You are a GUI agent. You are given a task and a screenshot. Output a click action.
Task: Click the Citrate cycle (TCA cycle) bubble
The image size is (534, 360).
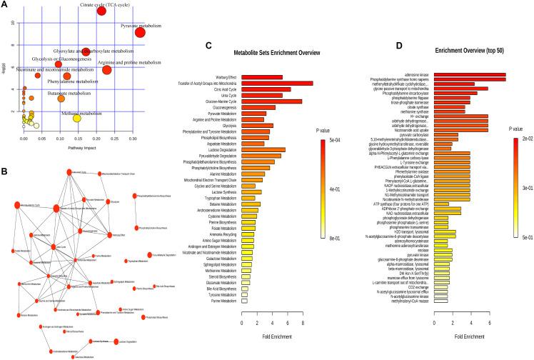pos(101,11)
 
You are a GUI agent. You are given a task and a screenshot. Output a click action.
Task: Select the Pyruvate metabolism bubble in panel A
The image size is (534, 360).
pos(140,31)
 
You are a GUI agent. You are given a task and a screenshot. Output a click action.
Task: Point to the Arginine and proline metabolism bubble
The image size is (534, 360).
pos(106,69)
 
